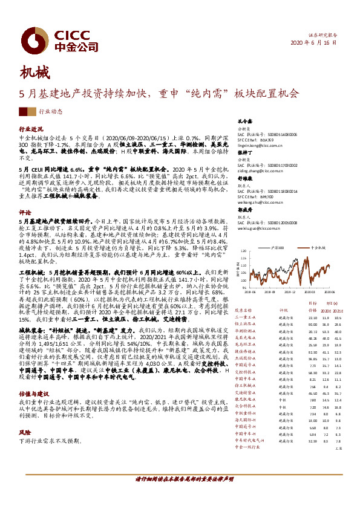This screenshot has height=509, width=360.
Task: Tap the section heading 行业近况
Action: point(31,129)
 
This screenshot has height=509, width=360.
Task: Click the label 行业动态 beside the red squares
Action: point(51,112)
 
